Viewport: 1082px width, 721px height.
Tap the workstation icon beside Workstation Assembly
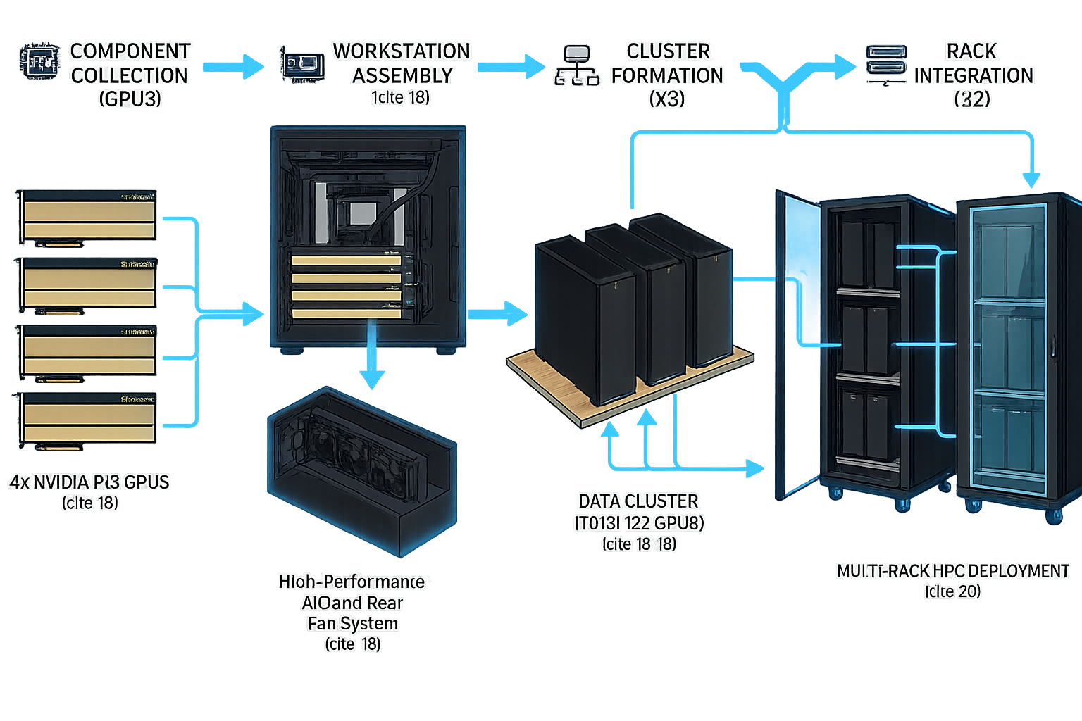coord(302,63)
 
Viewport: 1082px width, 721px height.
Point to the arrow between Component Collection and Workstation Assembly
coord(232,68)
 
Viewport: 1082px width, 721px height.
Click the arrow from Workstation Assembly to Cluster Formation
coord(509,67)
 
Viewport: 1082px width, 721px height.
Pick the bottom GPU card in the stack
coord(89,418)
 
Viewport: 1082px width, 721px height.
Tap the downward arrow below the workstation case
coord(371,366)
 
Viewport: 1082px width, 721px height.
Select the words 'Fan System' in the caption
coord(352,623)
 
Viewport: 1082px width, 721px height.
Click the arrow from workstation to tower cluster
coord(497,313)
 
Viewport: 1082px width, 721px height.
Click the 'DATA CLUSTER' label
coord(638,501)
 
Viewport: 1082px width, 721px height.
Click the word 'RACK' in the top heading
coord(972,51)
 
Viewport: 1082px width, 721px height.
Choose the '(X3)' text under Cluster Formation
coord(666,99)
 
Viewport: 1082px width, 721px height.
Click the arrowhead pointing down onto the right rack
coord(1032,179)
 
